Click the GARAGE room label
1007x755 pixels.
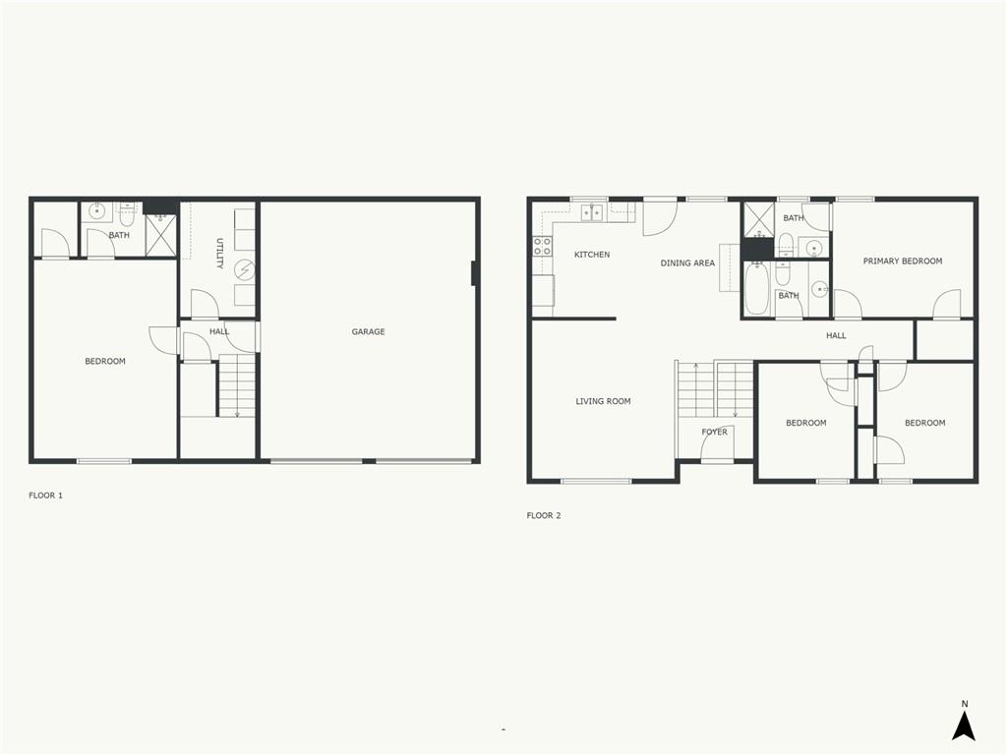point(368,332)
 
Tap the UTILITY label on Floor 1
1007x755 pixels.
point(219,254)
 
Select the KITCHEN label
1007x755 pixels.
point(592,255)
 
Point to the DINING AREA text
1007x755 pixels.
point(687,263)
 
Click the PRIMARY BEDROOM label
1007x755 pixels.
point(903,261)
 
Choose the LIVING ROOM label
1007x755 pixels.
point(603,401)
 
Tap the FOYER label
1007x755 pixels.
point(714,433)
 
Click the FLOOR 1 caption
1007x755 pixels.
point(45,495)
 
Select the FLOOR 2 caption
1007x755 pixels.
point(543,515)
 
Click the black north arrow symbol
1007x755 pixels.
point(964,726)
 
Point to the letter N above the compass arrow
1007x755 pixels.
point(964,704)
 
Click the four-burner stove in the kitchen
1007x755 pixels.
point(542,246)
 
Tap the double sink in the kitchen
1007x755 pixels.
point(592,212)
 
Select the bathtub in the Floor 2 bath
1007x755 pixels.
point(756,289)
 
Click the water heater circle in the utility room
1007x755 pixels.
point(244,270)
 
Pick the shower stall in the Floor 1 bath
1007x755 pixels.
point(160,236)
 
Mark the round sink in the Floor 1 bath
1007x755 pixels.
point(97,210)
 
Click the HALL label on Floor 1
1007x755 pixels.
point(219,332)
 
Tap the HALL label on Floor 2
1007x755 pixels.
point(836,336)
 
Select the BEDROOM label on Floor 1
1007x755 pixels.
point(105,362)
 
